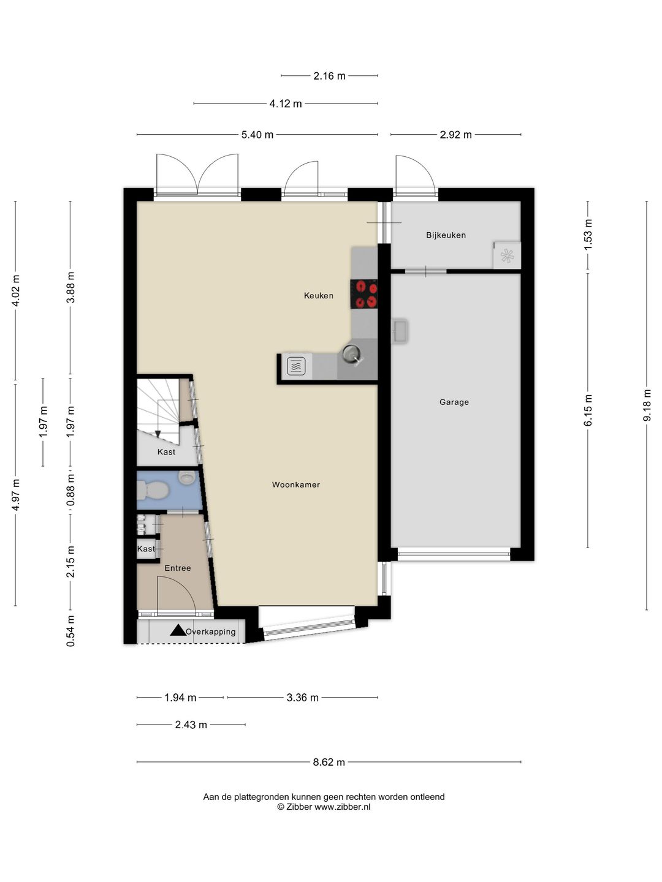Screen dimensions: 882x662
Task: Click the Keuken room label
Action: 318,296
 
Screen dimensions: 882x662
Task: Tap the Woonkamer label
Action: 295,485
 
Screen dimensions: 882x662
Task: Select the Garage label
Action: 454,402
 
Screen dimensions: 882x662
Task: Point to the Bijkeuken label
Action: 446,235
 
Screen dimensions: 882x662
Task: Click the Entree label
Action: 177,568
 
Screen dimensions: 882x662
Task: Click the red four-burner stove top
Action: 364,293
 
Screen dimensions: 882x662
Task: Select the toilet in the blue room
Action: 153,491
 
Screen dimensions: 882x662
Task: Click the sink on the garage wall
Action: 400,331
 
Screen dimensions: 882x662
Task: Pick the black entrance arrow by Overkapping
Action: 178,630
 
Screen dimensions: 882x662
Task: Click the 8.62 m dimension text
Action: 329,763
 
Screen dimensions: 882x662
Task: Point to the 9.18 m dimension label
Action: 647,405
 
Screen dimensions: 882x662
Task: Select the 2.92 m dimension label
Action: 455,135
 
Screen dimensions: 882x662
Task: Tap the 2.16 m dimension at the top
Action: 329,76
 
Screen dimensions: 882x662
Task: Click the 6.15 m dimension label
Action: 588,410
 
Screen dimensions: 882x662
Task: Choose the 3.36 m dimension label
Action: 302,698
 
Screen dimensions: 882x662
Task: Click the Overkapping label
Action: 211,632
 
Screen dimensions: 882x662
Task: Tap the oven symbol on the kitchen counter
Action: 296,366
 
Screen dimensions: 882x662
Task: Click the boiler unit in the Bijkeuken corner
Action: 507,255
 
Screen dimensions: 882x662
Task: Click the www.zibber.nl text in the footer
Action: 342,807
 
